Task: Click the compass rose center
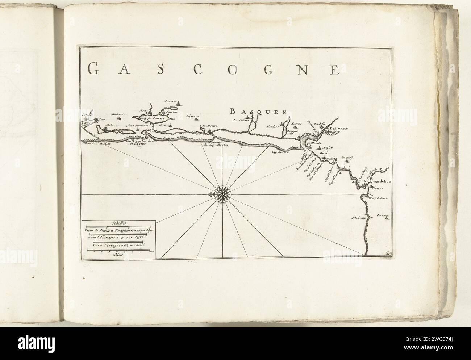point(220,194)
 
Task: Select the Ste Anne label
point(357,218)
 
